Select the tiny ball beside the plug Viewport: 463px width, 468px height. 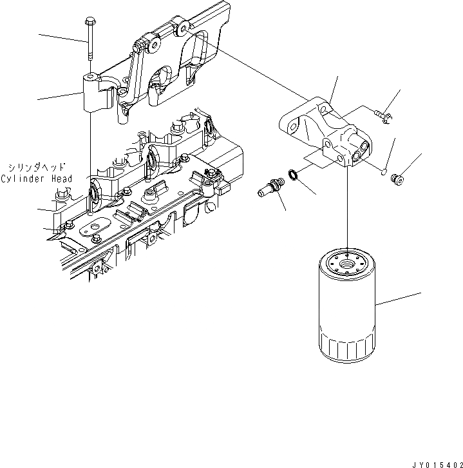(x=381, y=171)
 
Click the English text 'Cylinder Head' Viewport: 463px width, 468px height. (x=36, y=178)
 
